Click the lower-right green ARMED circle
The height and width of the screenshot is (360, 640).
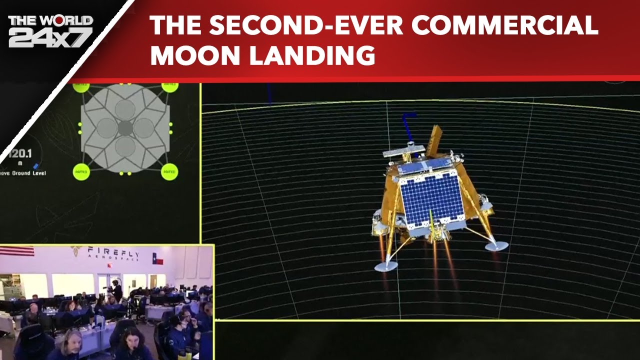[169, 172]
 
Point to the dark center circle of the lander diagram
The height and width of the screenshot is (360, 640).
[125, 128]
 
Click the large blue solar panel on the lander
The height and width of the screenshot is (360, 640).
[431, 198]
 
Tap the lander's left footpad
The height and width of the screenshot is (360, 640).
[385, 266]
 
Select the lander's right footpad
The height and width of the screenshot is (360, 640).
[496, 245]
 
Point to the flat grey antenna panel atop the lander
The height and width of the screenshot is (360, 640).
[403, 150]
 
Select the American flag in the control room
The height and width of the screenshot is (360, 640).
[17, 251]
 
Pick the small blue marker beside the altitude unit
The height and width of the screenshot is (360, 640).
[35, 165]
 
